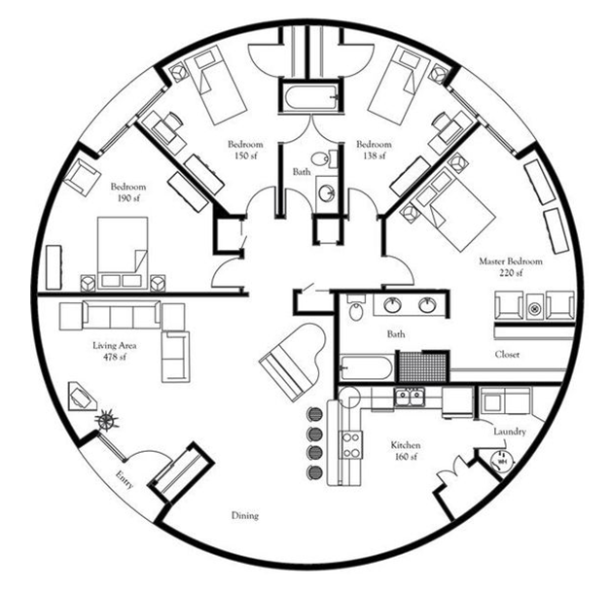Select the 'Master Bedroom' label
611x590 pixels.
click(511, 261)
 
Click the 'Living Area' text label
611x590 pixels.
click(115, 346)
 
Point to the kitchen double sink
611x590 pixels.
click(409, 398)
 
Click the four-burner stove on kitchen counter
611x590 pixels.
click(350, 445)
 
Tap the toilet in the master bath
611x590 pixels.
click(355, 307)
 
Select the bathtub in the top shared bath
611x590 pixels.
click(309, 97)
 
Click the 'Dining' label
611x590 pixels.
click(245, 516)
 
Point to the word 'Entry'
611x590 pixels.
click(125, 480)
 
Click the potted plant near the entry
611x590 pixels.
click(107, 420)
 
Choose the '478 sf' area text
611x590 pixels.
click(115, 357)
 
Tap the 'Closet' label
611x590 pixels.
click(507, 355)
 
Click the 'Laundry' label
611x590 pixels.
click(510, 432)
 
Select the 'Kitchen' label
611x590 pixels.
click(406, 445)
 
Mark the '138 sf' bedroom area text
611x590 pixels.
click(374, 156)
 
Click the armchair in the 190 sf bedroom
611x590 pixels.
click(83, 177)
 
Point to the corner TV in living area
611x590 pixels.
click(82, 397)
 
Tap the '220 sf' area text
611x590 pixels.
click(511, 273)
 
